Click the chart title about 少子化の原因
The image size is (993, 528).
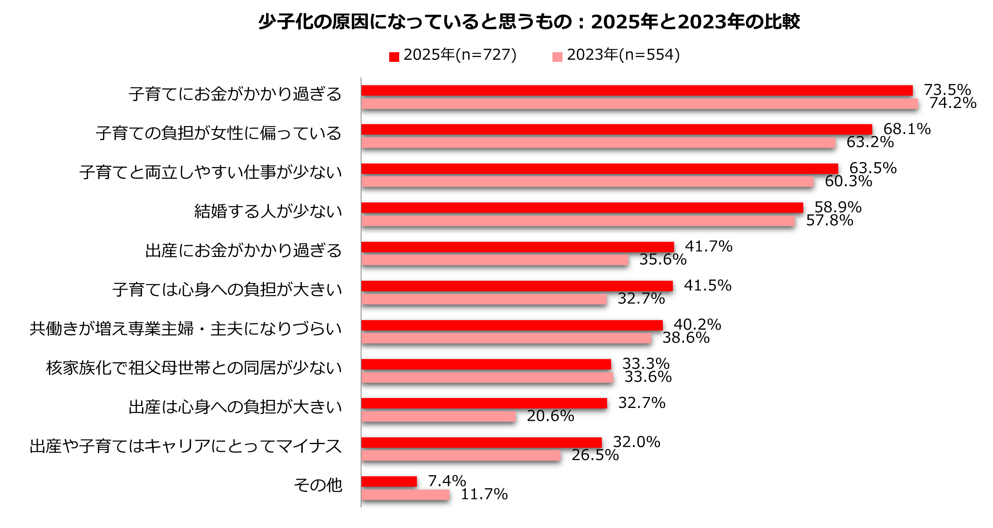coord(529,22)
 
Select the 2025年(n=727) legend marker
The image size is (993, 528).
coord(394,57)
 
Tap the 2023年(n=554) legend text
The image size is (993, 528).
coord(623,55)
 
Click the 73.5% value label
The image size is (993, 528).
coord(947,90)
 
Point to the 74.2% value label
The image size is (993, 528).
coord(953,103)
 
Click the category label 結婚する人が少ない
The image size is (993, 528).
coord(268,212)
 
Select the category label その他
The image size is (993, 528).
coord(318,485)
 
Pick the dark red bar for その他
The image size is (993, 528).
coord(389,481)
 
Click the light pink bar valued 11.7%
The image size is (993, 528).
coord(405,495)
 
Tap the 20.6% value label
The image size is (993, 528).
coord(550,416)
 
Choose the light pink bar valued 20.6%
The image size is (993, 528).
coord(439,416)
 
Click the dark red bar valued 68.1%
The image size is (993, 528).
coord(617,129)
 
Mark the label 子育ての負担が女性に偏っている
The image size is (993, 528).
coord(219,133)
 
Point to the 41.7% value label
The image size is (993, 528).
coord(709,246)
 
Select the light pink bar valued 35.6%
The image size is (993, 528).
coord(495,260)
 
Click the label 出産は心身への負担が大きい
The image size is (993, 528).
coord(235,407)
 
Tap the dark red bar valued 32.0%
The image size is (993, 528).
coord(481,442)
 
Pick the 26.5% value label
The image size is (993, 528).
coord(595,455)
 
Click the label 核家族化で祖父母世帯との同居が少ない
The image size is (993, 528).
coord(194,368)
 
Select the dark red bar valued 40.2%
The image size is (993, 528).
coord(512,325)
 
